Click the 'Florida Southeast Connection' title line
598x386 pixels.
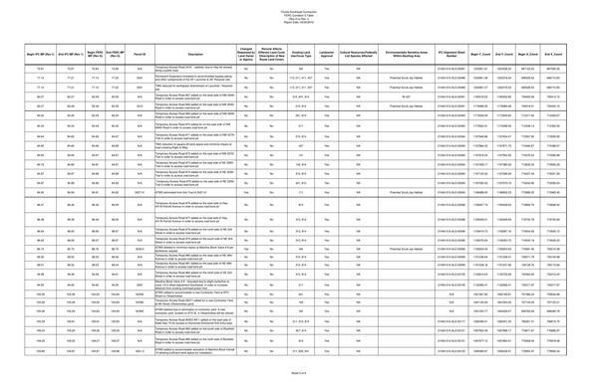299,9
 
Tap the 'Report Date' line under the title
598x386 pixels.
299,20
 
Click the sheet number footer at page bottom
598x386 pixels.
299,370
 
